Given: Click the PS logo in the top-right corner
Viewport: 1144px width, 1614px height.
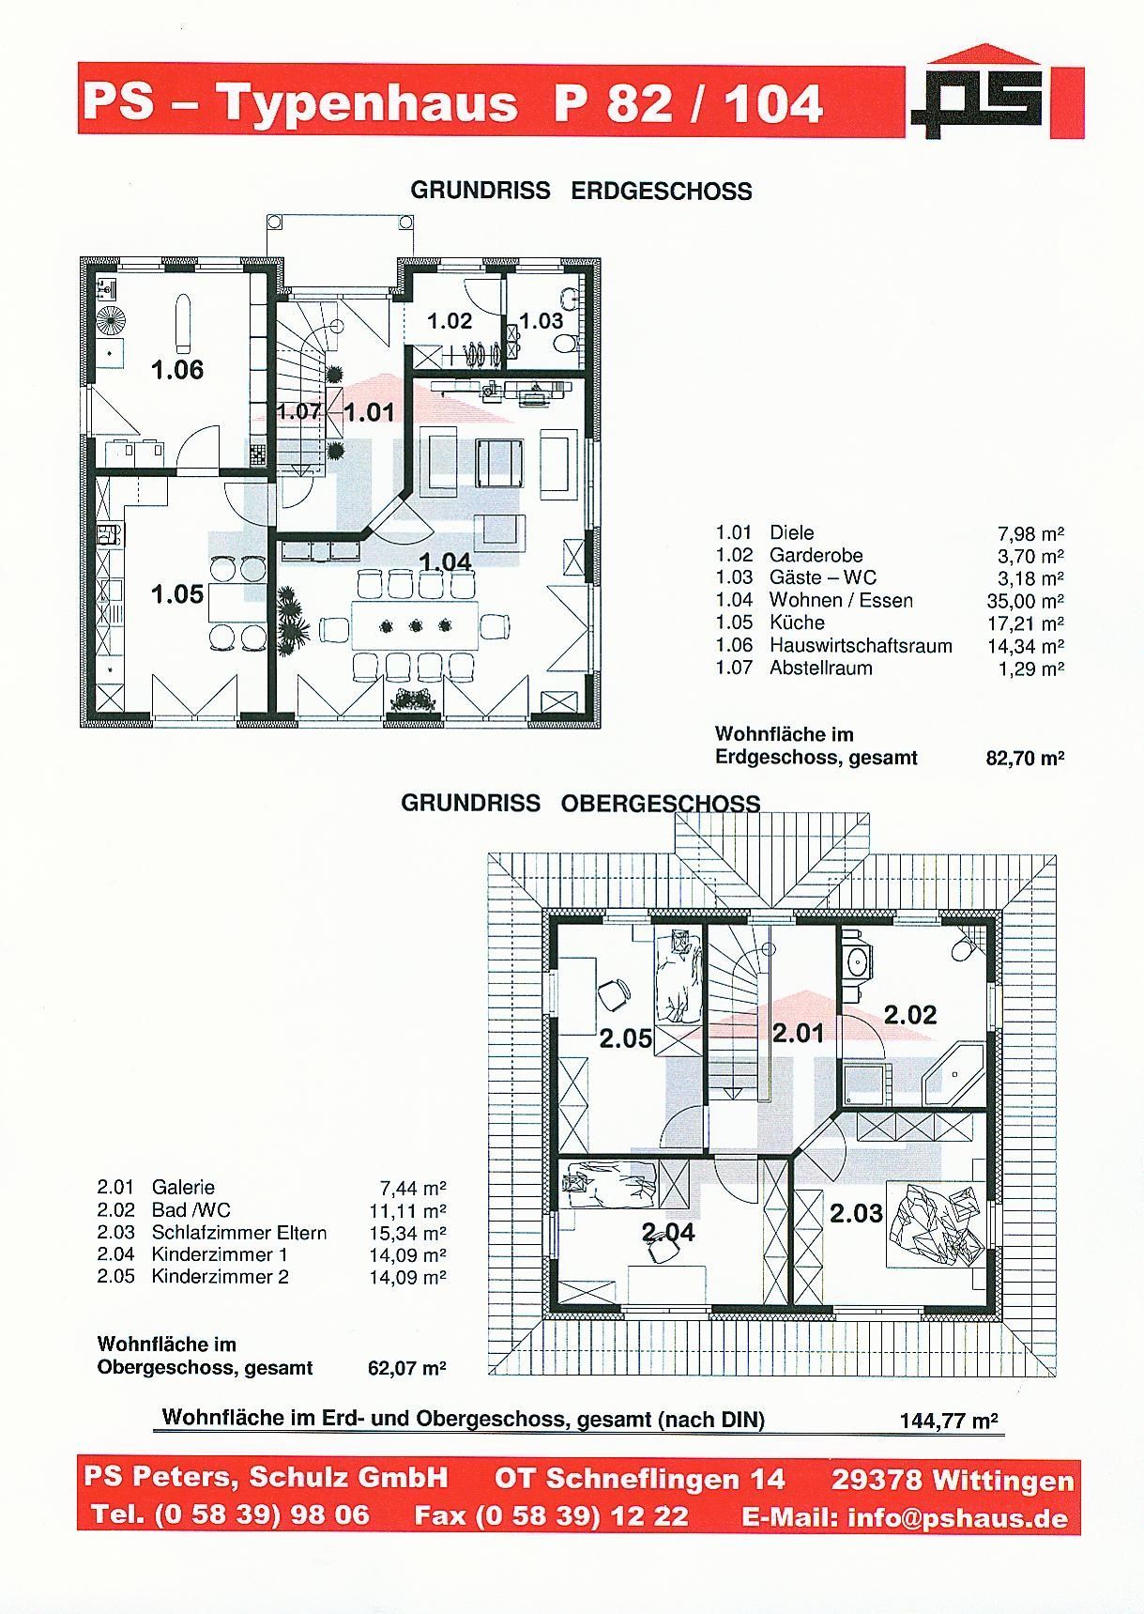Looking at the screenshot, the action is (996, 92).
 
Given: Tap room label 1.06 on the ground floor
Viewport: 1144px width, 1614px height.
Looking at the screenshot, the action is (177, 370).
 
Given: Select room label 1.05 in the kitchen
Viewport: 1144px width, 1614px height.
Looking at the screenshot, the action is (177, 594).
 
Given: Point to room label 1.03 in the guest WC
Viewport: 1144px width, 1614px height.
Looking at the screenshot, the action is (541, 321).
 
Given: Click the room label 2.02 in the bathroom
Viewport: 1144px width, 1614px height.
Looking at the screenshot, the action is (910, 1015).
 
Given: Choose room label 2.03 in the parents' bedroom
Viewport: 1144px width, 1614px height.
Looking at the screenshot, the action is (856, 1214).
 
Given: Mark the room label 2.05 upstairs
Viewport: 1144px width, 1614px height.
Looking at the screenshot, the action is (626, 1038).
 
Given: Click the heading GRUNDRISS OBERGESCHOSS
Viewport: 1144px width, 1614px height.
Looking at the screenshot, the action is (580, 804).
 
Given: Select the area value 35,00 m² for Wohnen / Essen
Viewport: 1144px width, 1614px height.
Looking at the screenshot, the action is (1030, 601).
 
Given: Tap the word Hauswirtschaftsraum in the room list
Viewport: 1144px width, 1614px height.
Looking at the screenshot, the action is (861, 646).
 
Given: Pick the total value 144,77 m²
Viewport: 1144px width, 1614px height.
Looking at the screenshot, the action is (948, 1421).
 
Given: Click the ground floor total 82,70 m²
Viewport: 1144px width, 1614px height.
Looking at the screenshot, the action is (1025, 758).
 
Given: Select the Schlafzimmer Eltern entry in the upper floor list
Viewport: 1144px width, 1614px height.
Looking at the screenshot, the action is (239, 1233).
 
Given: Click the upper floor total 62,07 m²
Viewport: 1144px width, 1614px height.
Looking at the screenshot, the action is (406, 1368).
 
